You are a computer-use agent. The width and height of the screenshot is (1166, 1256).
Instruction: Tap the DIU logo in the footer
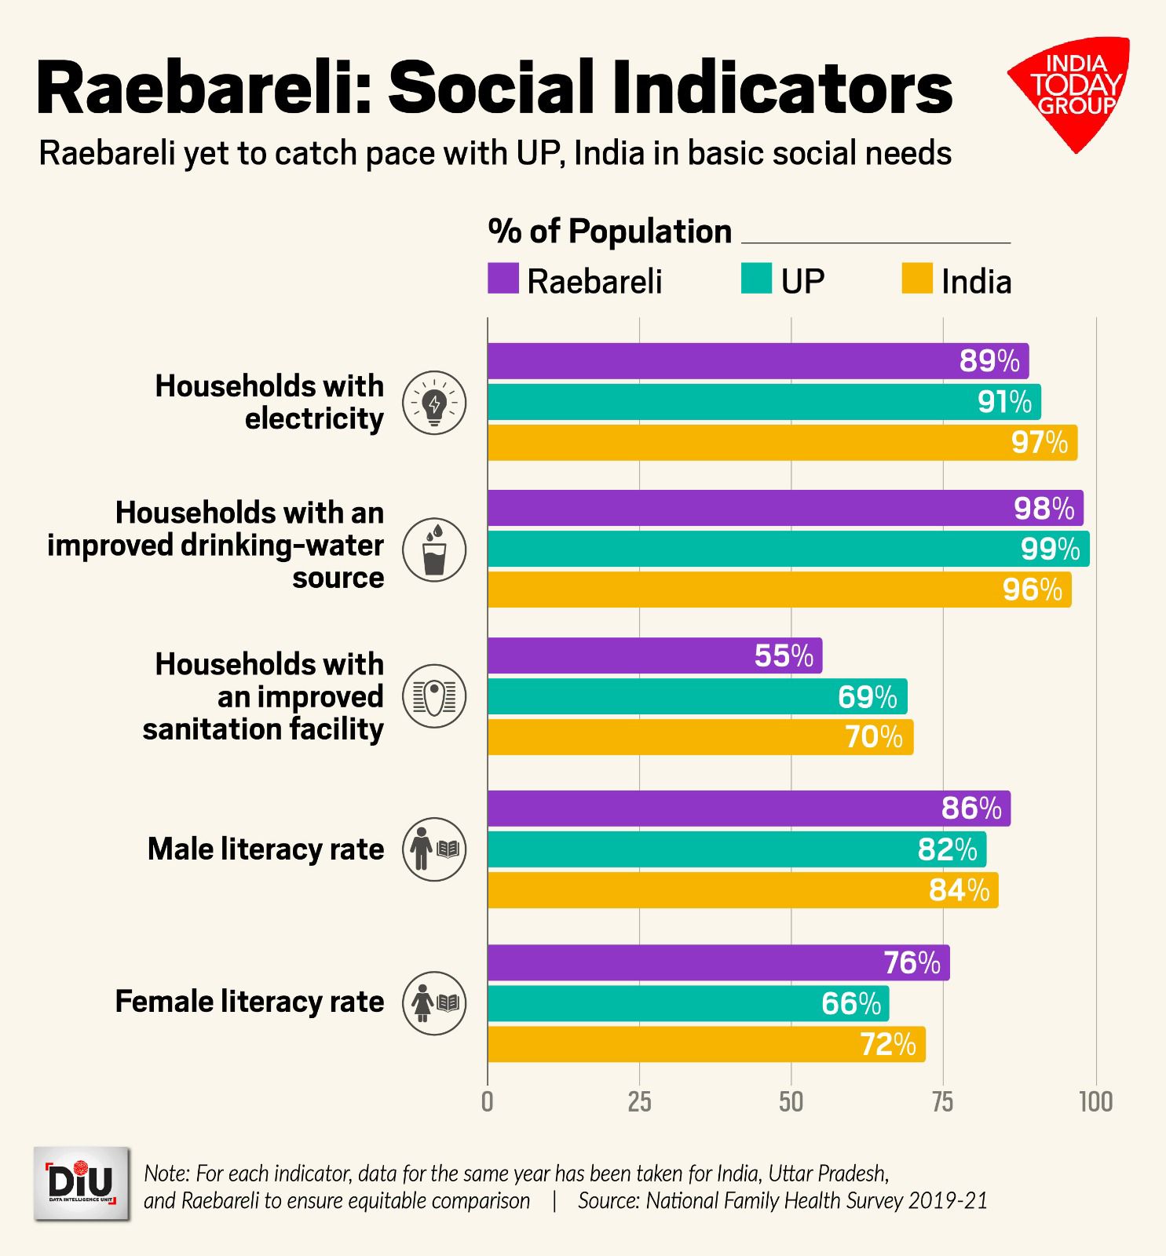point(82,1183)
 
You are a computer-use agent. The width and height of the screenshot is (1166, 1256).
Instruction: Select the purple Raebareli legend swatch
point(503,279)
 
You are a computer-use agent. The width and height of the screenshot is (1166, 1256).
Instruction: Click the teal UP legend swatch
point(756,279)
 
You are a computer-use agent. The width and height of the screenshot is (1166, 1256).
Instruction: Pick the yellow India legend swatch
point(917,279)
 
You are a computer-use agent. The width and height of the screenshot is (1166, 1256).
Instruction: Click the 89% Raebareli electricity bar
point(758,361)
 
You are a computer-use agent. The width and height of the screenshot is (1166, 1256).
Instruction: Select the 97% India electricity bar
point(782,443)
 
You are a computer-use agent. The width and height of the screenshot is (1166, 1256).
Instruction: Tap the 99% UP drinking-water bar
point(788,549)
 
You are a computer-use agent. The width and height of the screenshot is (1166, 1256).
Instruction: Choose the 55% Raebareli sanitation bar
point(655,655)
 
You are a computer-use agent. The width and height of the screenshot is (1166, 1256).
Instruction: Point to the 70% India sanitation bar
point(700,737)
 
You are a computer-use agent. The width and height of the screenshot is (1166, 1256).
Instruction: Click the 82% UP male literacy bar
point(737,849)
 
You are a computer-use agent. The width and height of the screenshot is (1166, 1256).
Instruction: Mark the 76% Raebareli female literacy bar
point(718,962)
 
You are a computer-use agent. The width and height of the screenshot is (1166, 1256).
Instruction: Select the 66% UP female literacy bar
point(688,1003)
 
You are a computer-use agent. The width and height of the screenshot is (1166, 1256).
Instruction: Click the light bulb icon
point(434,403)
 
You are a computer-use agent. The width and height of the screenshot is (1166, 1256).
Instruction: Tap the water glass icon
point(434,549)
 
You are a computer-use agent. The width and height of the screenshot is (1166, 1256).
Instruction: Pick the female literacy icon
point(434,1003)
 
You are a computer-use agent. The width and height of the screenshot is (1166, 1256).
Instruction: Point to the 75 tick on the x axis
point(943,1102)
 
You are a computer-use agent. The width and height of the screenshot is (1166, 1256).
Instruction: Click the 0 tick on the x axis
point(488,1102)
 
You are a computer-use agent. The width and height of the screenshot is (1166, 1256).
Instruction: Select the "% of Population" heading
point(609,232)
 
